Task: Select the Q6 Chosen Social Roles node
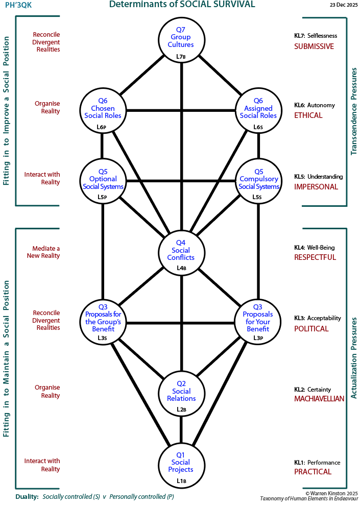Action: click(103, 111)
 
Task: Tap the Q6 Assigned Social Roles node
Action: click(258, 111)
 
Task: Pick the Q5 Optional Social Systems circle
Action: click(103, 181)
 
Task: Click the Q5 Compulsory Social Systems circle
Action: click(258, 181)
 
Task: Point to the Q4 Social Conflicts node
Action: click(181, 253)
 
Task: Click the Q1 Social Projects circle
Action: click(181, 465)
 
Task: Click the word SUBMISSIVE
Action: click(314, 46)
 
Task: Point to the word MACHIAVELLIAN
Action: click(319, 399)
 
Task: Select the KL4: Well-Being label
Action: click(314, 248)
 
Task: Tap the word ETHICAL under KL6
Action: click(308, 115)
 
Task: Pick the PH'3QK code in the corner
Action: click(18, 5)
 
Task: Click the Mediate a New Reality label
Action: click(43, 252)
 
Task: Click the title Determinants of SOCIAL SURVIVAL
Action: click(182, 5)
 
